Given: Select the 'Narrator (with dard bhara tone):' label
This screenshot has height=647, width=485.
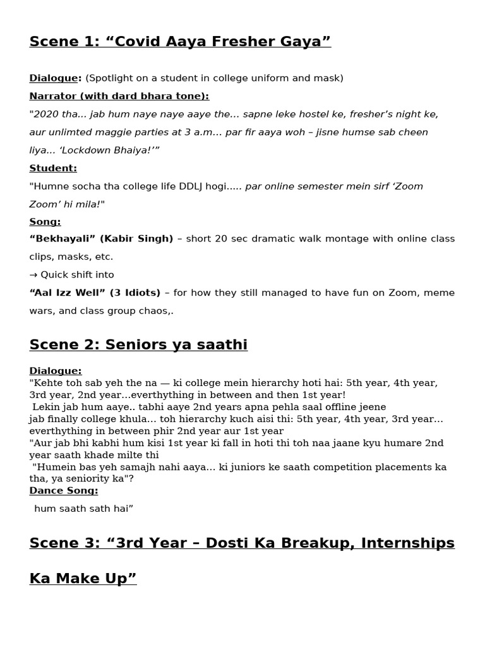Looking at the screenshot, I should point(119,96).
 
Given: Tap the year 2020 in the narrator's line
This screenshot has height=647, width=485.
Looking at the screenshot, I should point(45,114).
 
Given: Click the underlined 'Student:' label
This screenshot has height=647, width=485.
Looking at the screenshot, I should point(53,168).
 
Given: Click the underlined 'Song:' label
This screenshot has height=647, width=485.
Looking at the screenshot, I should point(45,222).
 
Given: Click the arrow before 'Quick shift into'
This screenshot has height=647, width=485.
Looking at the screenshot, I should point(33,275).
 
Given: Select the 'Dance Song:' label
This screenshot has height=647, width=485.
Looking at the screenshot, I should point(64,490).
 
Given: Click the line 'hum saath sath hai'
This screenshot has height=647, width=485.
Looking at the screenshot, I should point(83,508).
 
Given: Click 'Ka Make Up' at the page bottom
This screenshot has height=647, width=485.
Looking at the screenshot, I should point(83,579).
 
